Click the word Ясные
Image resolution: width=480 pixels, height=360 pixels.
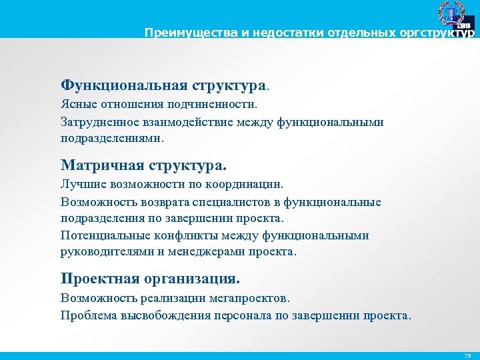click(x=77, y=105)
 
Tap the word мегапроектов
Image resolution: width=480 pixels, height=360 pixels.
click(x=248, y=298)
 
